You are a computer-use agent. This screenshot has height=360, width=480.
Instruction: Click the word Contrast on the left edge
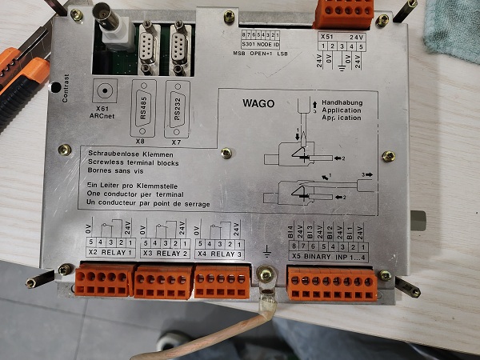pos(66,88)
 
